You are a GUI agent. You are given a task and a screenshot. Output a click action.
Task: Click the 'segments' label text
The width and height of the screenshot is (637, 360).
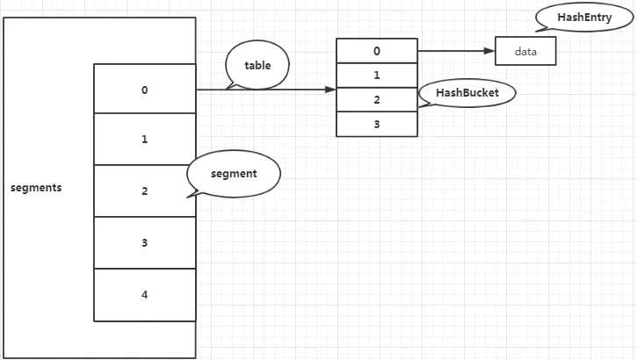[36, 188]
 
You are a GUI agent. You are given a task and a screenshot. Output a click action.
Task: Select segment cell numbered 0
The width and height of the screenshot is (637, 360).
[145, 89]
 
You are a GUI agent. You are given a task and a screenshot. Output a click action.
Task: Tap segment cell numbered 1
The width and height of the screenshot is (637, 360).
[145, 140]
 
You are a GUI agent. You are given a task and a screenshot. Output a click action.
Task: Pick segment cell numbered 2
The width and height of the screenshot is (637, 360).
[145, 191]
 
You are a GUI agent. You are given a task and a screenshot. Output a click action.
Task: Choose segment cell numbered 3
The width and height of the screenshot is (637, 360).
[145, 242]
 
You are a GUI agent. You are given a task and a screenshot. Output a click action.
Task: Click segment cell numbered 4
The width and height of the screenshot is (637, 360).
[145, 295]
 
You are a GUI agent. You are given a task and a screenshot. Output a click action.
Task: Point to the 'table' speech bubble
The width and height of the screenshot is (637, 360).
[257, 65]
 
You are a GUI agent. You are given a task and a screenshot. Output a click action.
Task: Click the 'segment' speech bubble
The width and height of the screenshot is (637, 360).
[234, 174]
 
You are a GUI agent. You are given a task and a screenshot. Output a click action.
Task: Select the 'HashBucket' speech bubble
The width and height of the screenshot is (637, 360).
[467, 93]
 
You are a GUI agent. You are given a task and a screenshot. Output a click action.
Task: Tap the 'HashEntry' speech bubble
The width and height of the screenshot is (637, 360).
[584, 18]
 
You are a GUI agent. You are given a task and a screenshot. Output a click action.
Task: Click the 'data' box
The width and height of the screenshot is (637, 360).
[525, 51]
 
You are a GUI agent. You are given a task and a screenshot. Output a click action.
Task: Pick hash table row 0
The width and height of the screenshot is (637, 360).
[377, 51]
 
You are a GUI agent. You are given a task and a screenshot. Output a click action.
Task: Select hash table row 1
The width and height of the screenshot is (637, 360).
[377, 76]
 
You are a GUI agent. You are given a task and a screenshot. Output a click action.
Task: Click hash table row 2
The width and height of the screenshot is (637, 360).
[377, 100]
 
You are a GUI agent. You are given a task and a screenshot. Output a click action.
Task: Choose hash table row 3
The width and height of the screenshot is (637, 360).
[377, 124]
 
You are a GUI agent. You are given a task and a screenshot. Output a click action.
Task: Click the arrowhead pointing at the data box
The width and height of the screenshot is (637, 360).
[489, 51]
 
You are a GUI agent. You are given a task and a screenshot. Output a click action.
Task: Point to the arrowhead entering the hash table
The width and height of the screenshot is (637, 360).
[330, 90]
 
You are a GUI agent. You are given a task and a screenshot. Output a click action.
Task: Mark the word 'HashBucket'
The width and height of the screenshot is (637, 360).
[467, 93]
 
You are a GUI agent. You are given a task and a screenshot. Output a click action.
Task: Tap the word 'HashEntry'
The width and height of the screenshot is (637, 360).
[584, 18]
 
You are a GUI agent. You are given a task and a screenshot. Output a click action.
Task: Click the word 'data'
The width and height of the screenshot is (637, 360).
[525, 52]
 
